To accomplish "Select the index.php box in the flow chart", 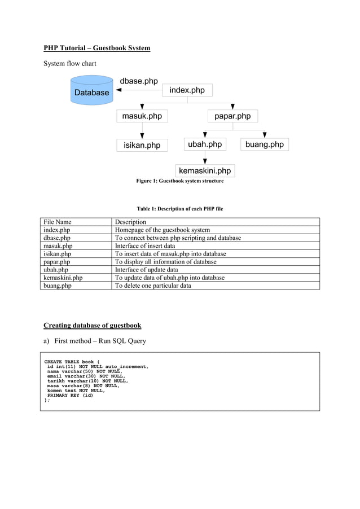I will (x=187, y=90).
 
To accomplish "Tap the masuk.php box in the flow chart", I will (x=142, y=116).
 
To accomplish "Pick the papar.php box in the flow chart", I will (x=232, y=116).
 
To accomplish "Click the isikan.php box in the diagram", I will (x=142, y=146).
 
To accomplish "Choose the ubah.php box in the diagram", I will (x=205, y=144).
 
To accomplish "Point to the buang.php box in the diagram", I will (x=265, y=144).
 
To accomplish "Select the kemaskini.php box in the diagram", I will (x=205, y=170).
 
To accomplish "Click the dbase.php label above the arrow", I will (x=139, y=81).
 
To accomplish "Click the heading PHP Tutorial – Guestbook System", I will (x=97, y=48).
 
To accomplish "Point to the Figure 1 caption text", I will (x=179, y=181).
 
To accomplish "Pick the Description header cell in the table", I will (x=130, y=222).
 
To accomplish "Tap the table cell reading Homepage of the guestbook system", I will (x=163, y=230).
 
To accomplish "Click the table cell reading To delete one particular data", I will (x=153, y=286).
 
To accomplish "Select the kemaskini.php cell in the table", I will (x=63, y=278).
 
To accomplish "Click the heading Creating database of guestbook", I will (x=93, y=326).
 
